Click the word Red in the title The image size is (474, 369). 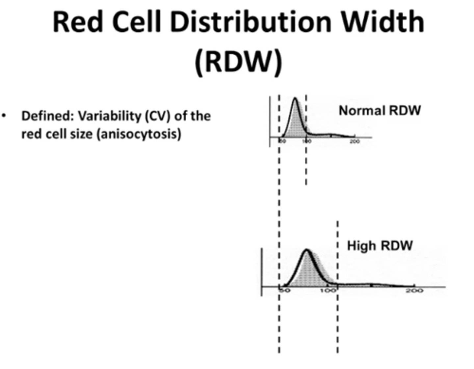point(77,22)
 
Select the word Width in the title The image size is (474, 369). point(382,22)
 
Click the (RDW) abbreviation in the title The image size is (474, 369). point(238,62)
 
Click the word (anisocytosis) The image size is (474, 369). point(139,134)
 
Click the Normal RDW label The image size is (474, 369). point(380,110)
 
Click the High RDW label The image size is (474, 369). point(380,246)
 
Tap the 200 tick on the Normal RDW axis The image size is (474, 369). point(355,141)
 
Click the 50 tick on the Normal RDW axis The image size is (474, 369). point(282,141)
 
